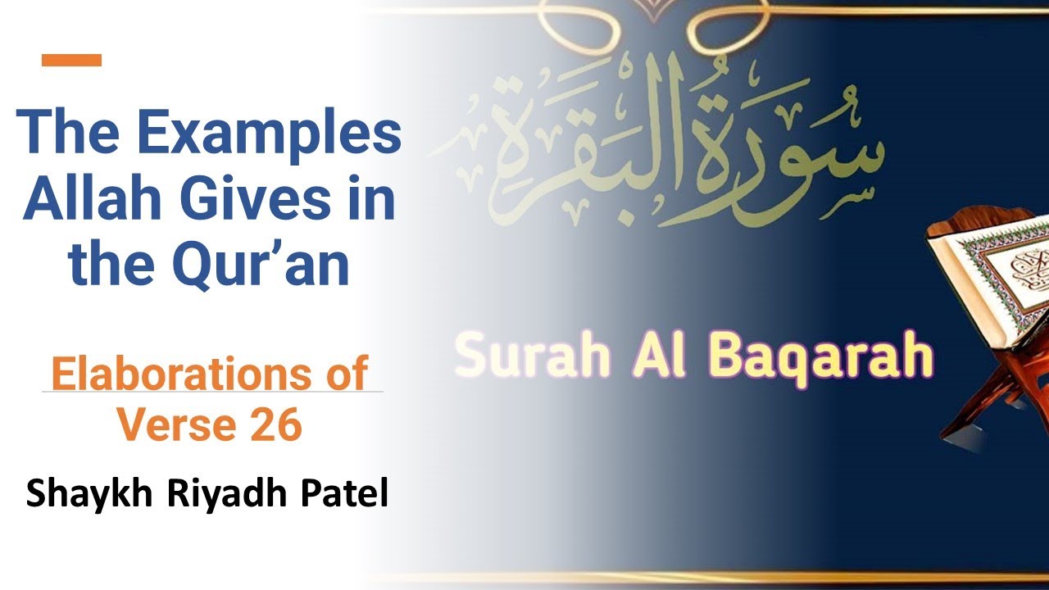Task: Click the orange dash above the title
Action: coord(71,60)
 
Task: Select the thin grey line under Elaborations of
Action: coord(212,392)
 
